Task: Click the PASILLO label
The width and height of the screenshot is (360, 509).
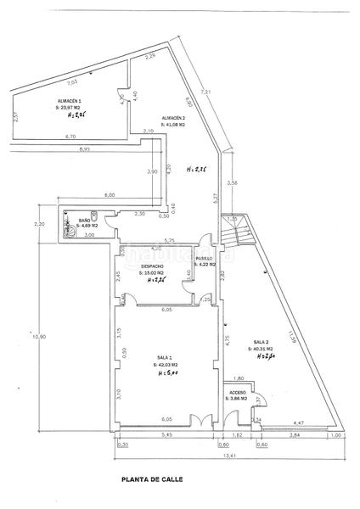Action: point(205,258)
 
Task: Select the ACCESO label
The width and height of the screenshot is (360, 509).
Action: point(237,392)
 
